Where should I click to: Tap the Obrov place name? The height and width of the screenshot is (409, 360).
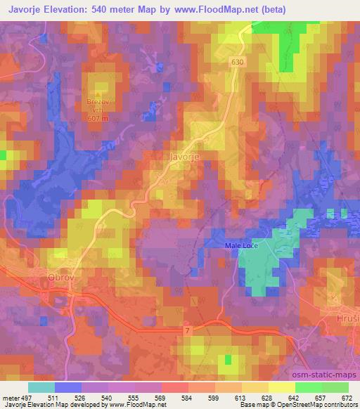(60, 277)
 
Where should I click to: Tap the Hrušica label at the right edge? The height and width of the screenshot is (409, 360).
(345, 317)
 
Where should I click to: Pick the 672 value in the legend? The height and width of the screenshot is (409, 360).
(346, 397)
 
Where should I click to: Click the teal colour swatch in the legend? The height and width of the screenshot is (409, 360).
(41, 387)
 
